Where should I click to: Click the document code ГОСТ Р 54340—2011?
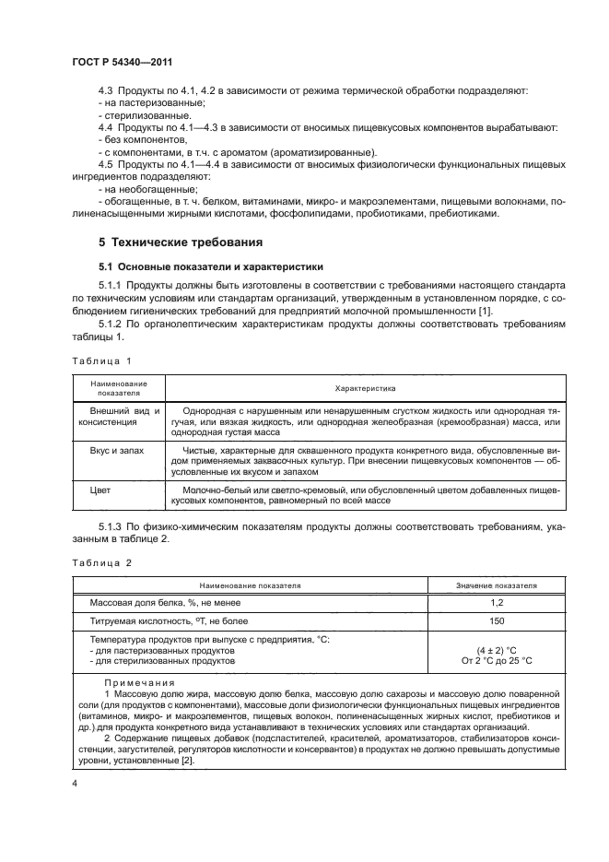pos(123,61)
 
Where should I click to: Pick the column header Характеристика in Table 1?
pos(365,388)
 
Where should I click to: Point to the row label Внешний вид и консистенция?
pos(120,416)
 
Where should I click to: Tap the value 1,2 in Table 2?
pos(497,602)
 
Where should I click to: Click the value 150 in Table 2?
pos(497,621)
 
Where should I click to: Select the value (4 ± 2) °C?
pos(497,650)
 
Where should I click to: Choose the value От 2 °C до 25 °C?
pos(497,661)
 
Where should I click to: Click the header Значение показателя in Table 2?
pos(497,585)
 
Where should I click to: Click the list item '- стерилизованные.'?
pos(135,116)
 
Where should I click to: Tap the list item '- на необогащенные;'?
pos(141,188)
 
